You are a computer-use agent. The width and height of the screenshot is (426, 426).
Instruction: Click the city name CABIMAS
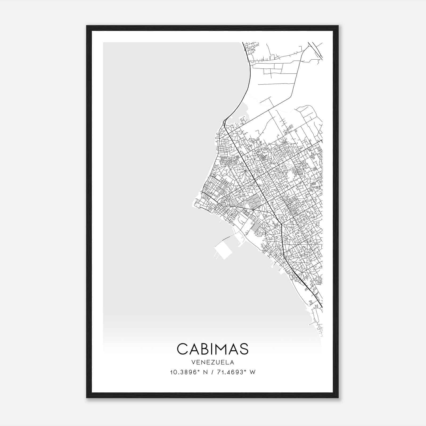[212, 349]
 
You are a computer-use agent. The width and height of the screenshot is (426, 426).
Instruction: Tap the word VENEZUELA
[212, 362]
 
